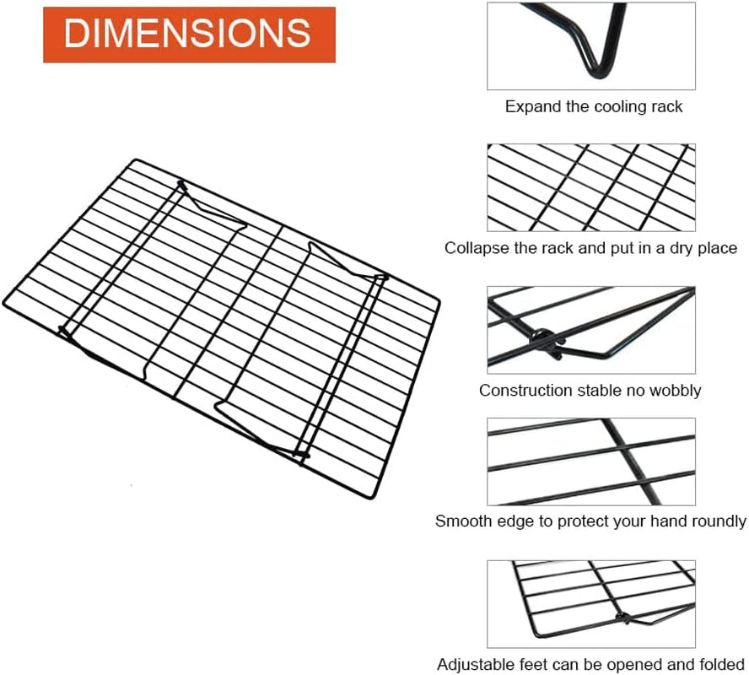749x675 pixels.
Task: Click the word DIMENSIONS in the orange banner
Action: pyautogui.click(x=187, y=33)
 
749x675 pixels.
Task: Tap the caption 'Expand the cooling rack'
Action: pyautogui.click(x=593, y=106)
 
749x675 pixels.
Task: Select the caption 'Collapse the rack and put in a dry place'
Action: pyautogui.click(x=590, y=248)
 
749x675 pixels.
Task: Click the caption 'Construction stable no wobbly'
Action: pyautogui.click(x=590, y=391)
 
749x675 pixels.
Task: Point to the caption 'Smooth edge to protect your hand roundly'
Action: pyautogui.click(x=590, y=521)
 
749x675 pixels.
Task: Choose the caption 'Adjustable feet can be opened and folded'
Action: pyautogui.click(x=590, y=665)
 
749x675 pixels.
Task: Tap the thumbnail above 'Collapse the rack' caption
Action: pyautogui.click(x=591, y=188)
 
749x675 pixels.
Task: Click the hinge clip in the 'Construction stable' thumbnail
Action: pyautogui.click(x=549, y=343)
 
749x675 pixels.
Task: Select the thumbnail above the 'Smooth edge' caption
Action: pyautogui.click(x=591, y=462)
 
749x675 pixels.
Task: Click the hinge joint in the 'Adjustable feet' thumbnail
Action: pyautogui.click(x=622, y=617)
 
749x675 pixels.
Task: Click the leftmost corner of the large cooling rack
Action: pyautogui.click(x=5, y=304)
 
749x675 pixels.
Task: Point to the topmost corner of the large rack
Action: pyautogui.click(x=136, y=160)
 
